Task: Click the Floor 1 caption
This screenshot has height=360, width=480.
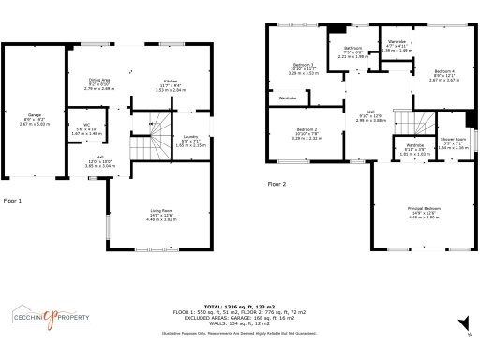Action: pos(12,201)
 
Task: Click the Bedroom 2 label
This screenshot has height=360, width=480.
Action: pos(307,130)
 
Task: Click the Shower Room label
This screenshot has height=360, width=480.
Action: pos(453,141)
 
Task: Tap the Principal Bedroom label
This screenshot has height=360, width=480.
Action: pos(424,208)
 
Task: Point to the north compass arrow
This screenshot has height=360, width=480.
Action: pos(466,322)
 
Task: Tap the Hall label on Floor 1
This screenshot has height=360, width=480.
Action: pos(99,157)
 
